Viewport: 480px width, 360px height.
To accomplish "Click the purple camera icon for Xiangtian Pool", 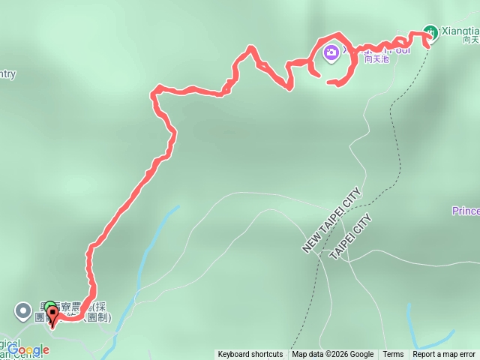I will [331, 52].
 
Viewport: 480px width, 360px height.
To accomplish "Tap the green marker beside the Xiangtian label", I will [430, 32].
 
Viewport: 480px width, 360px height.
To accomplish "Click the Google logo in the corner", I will [28, 349].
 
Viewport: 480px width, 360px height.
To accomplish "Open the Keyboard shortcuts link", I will [250, 355].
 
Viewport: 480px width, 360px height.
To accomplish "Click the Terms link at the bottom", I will [393, 355].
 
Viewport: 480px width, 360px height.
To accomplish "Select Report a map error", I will [444, 355].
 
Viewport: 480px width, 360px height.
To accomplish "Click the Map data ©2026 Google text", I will [332, 355].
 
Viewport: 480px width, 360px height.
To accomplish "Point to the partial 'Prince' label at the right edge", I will [466, 211].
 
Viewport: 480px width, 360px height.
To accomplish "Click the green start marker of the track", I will [50, 307].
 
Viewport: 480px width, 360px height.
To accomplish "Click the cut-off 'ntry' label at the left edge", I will [6, 73].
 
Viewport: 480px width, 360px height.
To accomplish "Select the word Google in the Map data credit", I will [361, 355].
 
